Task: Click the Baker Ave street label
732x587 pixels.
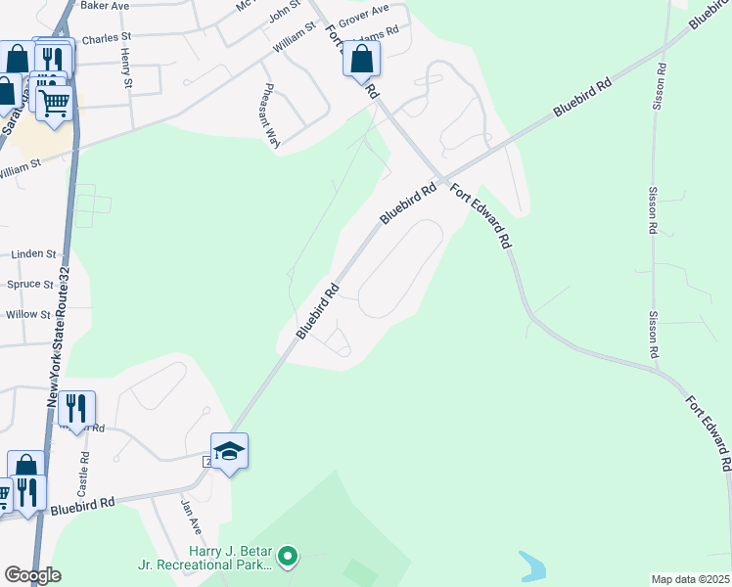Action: point(105,6)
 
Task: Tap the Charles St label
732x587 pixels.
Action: point(106,39)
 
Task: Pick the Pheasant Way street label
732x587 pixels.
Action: point(270,114)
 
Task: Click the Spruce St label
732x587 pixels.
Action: point(31,285)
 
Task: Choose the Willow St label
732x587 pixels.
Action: point(27,315)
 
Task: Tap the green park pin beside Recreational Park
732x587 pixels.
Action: point(287,558)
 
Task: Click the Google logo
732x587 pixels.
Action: point(31,575)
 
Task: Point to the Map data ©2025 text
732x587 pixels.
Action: point(690,579)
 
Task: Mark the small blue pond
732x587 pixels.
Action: point(532,565)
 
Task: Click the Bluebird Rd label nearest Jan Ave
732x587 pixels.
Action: point(83,505)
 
